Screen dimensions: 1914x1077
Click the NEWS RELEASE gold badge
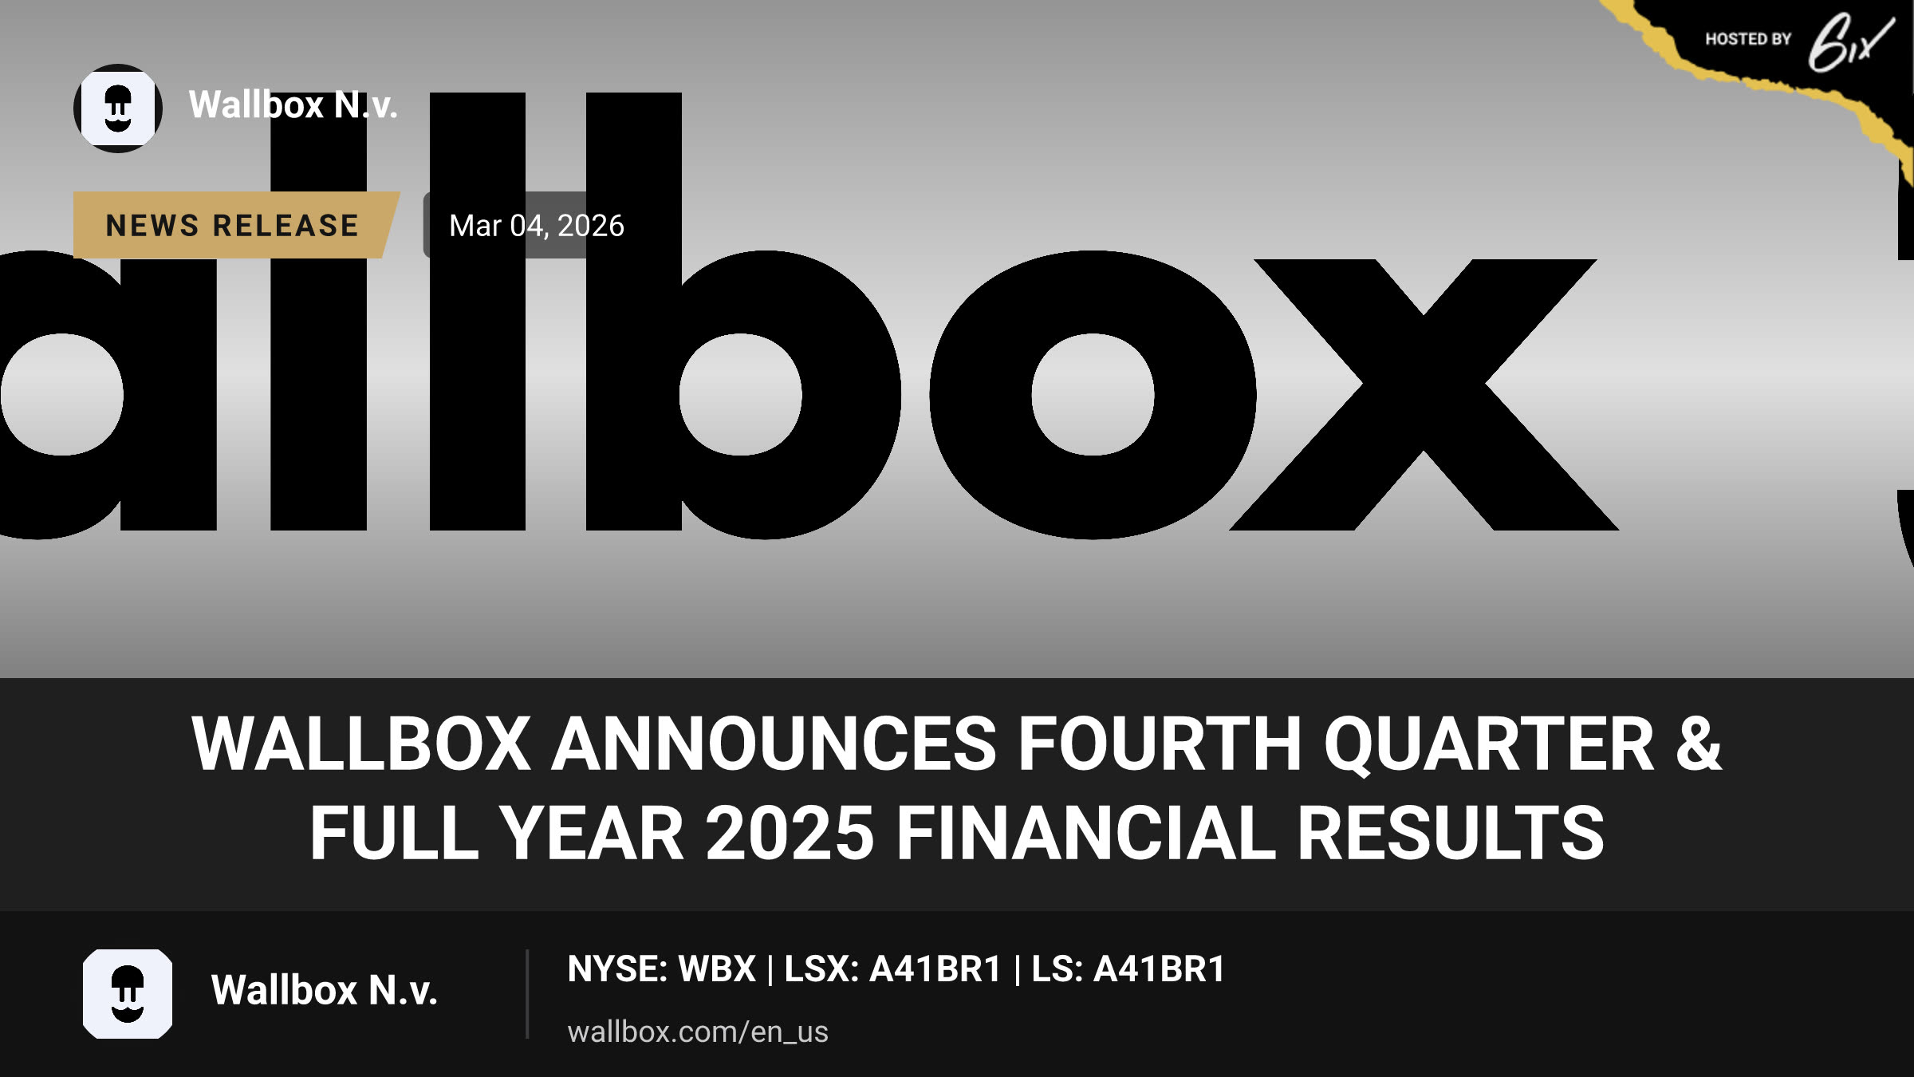pos(235,225)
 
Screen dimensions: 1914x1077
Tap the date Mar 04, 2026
pos(537,226)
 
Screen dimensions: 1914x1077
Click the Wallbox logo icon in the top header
pos(118,108)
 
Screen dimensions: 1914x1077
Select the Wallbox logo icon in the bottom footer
pos(128,994)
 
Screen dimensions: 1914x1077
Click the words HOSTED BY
pos(1748,39)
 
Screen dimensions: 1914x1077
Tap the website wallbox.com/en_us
pos(698,1032)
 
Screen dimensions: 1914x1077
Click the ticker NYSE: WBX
pos(661,969)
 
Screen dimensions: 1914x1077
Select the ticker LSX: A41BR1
pos(892,969)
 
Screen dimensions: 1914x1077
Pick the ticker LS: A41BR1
pos(1128,969)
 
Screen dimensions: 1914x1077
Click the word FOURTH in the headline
pos(1160,744)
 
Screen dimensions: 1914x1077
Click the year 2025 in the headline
pos(790,833)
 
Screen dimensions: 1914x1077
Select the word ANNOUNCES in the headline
pos(774,744)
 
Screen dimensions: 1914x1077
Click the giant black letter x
pos(1424,395)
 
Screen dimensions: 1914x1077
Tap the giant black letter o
pos(1093,395)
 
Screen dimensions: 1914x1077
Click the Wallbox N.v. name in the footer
pos(324,990)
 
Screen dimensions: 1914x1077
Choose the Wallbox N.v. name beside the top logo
pos(293,105)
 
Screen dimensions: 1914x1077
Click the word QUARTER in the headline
pos(1489,744)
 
